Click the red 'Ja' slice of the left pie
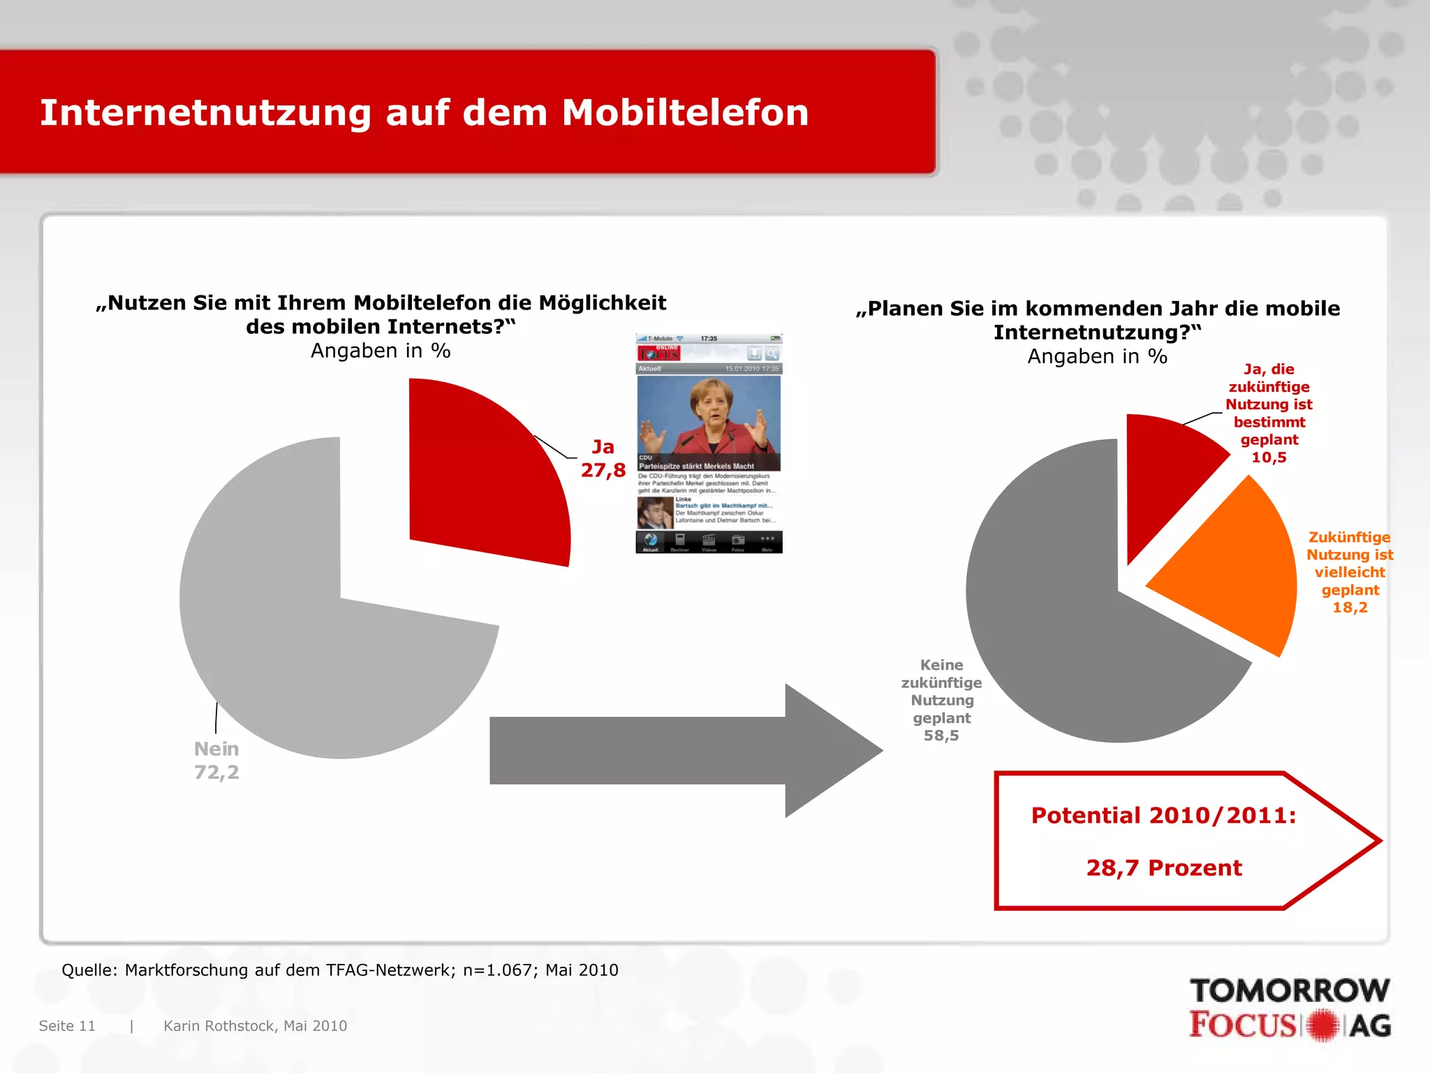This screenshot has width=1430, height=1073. click(x=482, y=475)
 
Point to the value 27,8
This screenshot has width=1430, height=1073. click(x=603, y=470)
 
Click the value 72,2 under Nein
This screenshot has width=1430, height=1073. click(x=216, y=772)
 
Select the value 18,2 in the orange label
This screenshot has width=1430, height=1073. click(x=1350, y=607)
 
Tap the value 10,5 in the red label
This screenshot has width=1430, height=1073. click(x=1269, y=458)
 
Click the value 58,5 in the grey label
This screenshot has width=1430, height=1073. click(x=941, y=736)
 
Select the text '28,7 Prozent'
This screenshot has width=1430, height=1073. click(x=1164, y=868)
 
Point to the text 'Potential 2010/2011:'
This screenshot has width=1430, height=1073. click(x=1164, y=815)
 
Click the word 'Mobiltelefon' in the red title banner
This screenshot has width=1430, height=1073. click(x=685, y=112)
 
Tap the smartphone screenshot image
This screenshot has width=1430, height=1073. click(x=709, y=444)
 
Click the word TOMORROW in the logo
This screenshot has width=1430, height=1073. click(x=1290, y=991)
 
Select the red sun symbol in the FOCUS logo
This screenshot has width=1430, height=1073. click(x=1322, y=1025)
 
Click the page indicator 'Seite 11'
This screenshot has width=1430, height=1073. click(x=67, y=1025)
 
